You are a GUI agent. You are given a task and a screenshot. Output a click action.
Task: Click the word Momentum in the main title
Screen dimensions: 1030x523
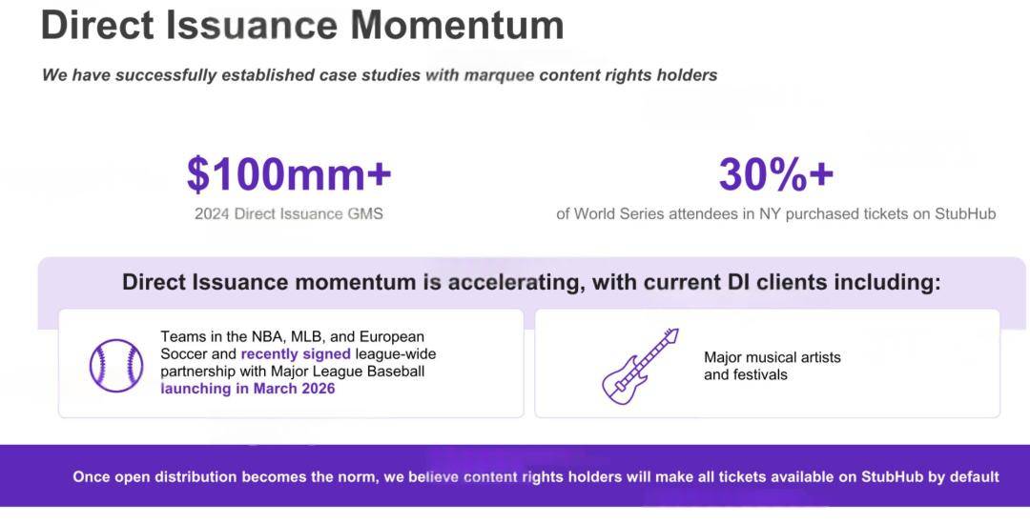click(457, 25)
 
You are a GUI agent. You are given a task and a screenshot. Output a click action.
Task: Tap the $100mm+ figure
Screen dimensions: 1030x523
click(289, 174)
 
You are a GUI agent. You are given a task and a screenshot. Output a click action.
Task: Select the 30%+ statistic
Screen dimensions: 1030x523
click(775, 174)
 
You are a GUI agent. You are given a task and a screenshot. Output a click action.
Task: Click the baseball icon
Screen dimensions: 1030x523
click(116, 366)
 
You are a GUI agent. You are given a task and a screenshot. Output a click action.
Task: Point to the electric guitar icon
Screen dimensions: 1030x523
click(640, 366)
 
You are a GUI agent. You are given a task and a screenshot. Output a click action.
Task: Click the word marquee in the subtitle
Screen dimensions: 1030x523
click(499, 75)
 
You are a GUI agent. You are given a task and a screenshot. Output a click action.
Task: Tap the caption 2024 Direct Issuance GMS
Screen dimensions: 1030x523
click(288, 214)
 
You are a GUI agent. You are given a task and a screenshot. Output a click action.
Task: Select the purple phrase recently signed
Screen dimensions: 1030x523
click(296, 354)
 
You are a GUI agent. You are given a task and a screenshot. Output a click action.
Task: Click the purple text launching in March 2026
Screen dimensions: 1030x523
click(248, 389)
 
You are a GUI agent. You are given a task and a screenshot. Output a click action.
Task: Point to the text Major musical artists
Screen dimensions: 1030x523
click(772, 357)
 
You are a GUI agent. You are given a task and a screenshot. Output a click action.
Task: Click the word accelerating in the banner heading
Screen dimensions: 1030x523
click(514, 283)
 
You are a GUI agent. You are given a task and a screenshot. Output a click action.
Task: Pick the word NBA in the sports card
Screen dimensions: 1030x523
click(268, 337)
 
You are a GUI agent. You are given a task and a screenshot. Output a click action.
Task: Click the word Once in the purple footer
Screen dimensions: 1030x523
click(92, 477)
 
